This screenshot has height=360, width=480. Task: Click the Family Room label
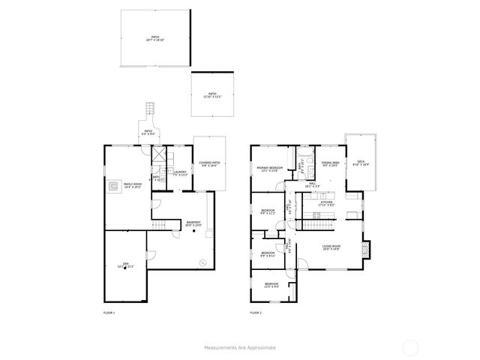132,185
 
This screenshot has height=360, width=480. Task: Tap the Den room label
126,265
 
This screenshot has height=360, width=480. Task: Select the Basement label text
193,223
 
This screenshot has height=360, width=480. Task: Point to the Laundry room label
180,173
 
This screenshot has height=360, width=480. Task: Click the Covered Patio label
209,164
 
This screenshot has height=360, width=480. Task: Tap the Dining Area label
331,164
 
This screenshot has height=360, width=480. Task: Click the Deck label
361,163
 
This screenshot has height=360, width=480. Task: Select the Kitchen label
327,203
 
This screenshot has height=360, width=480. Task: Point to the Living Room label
331,248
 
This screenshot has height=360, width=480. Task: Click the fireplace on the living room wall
365,248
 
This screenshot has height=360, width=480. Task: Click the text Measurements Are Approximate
240,347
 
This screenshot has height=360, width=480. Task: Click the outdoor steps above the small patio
150,109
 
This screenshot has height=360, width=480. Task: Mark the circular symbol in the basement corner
202,261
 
